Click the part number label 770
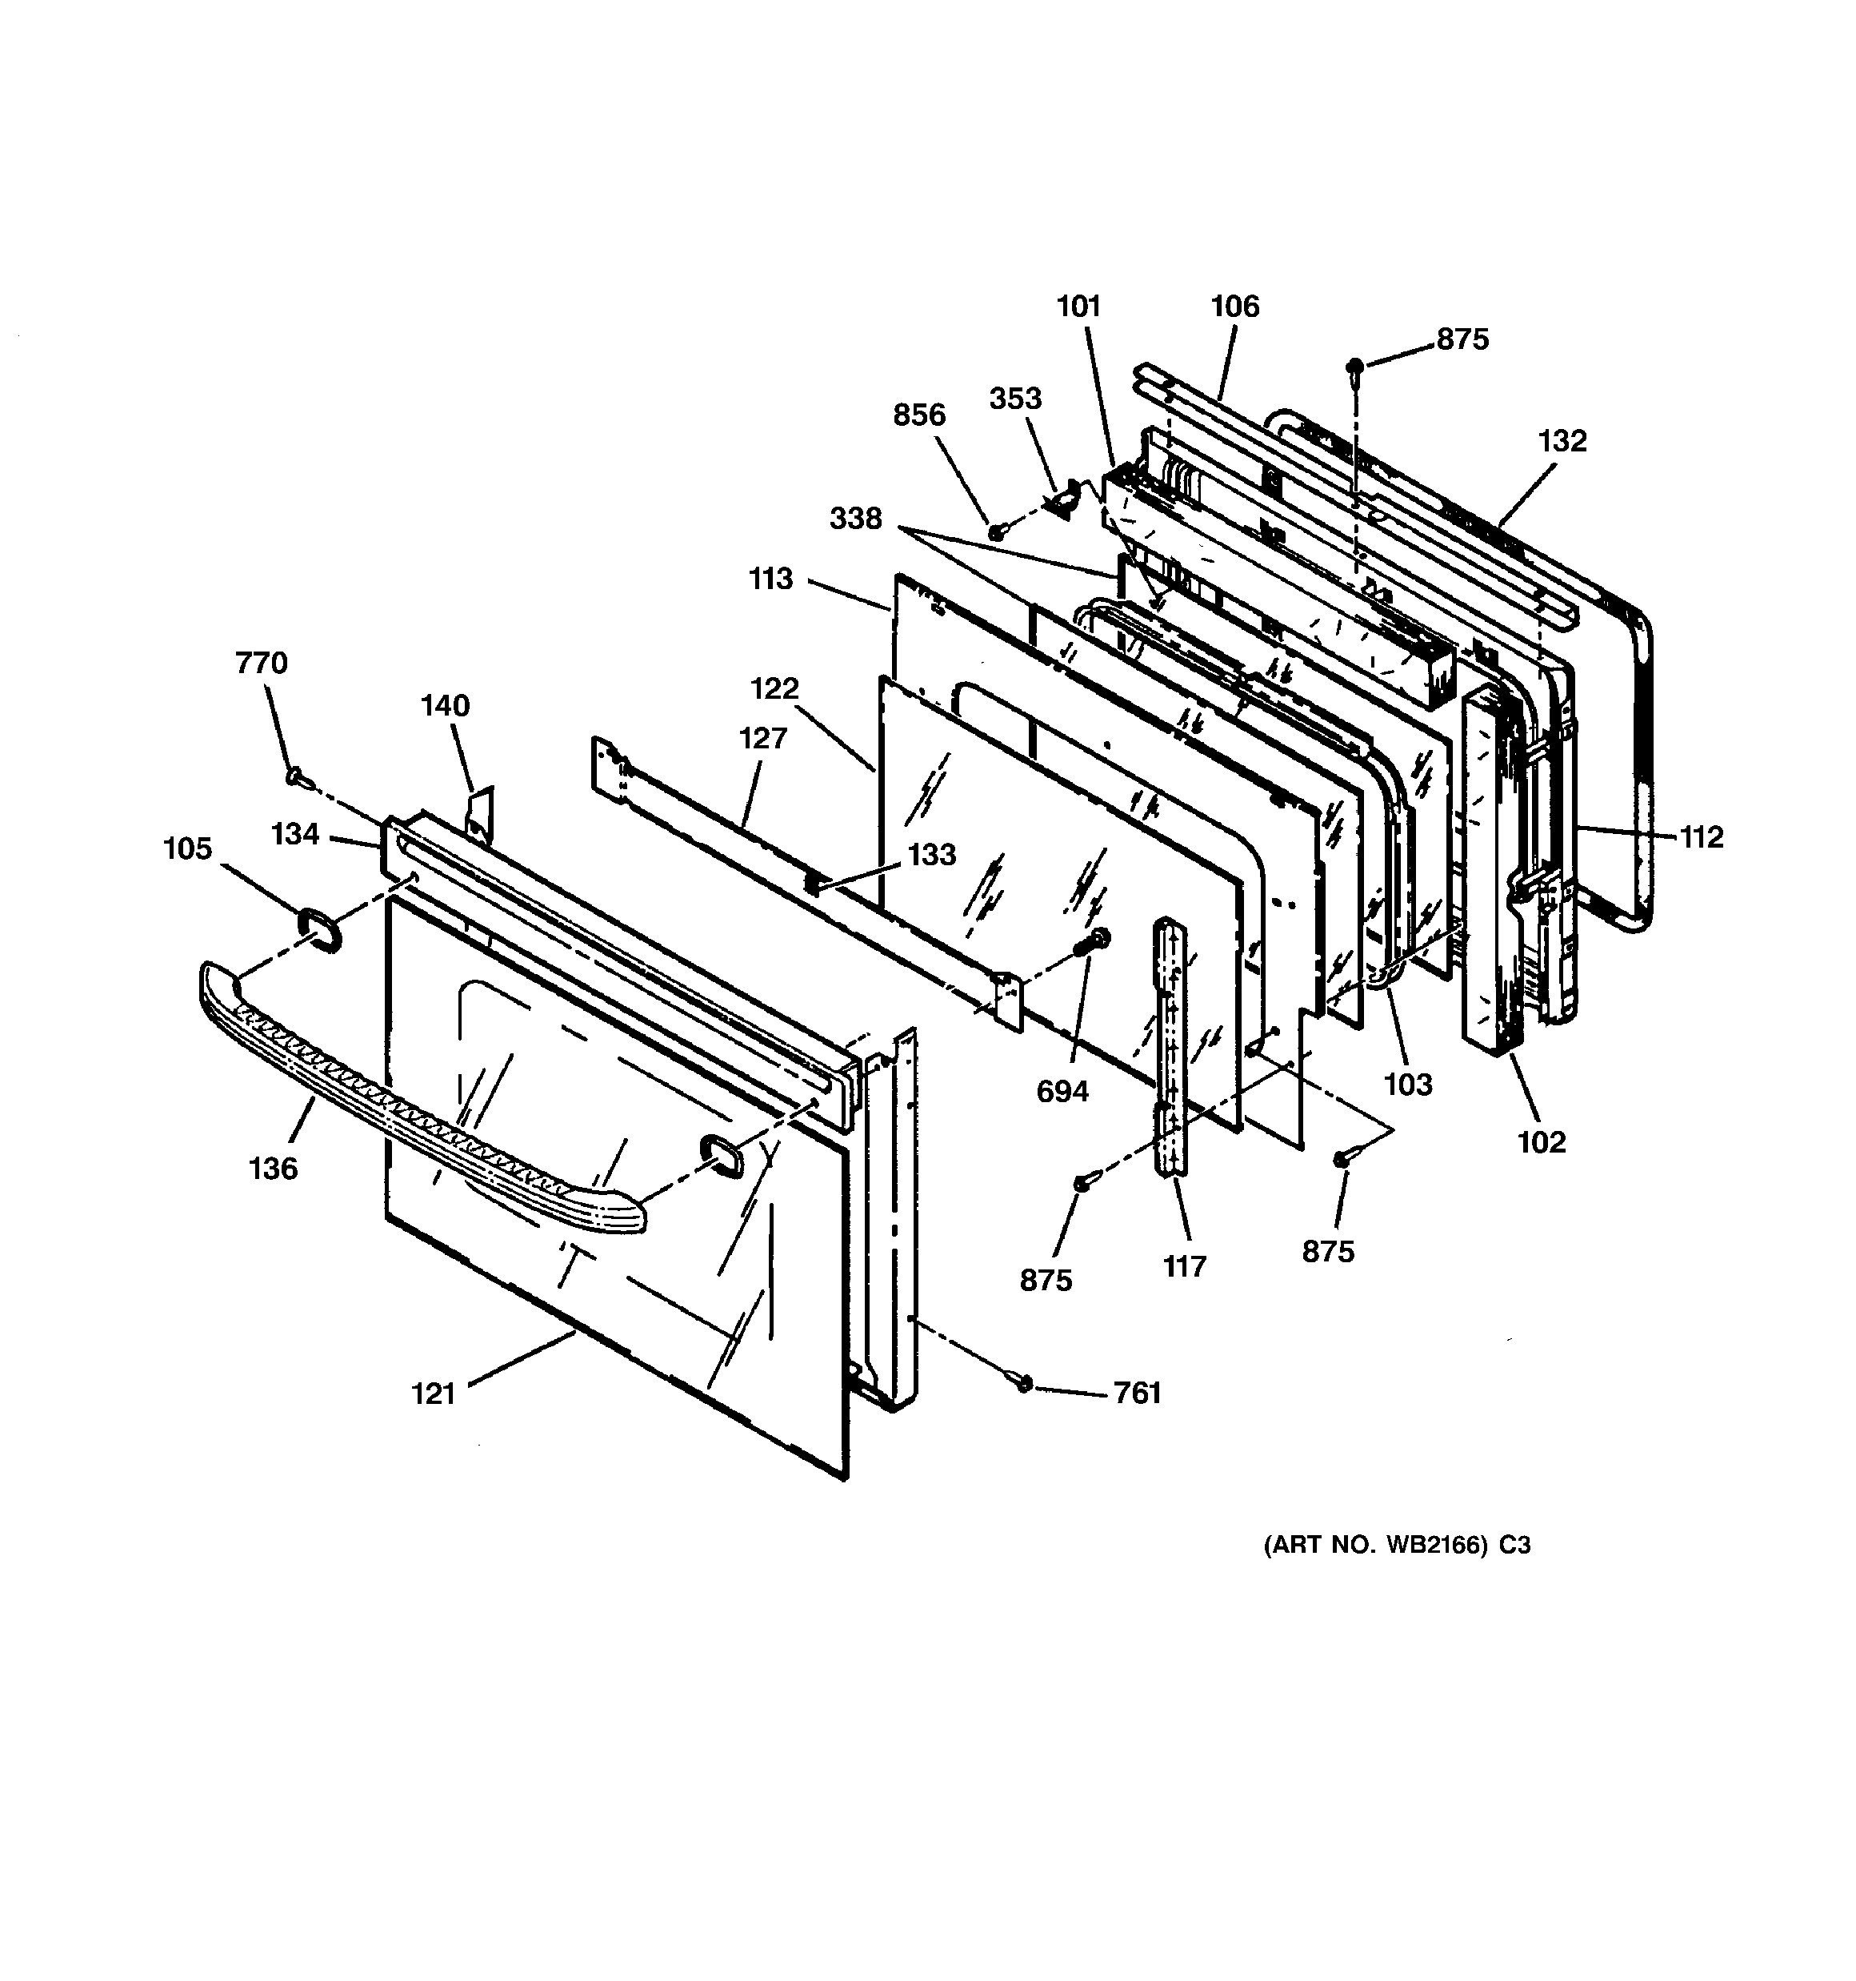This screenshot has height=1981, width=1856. (x=261, y=663)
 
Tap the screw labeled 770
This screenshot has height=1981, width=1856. (x=296, y=776)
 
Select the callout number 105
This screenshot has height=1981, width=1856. (x=188, y=849)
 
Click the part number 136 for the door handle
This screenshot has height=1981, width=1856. (x=273, y=1168)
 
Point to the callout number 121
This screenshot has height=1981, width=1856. (x=434, y=1393)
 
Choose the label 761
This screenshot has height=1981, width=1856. (x=1138, y=1392)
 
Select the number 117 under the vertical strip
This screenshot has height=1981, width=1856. (x=1185, y=1266)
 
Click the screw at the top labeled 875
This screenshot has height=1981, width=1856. (x=1354, y=366)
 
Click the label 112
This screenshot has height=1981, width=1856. (x=1702, y=837)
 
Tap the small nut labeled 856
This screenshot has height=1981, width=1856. (x=995, y=533)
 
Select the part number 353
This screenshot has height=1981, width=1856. (x=1015, y=399)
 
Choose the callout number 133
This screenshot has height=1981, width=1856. (x=931, y=854)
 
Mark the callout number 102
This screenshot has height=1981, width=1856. (x=1541, y=1142)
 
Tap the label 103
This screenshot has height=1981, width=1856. (x=1408, y=1085)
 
